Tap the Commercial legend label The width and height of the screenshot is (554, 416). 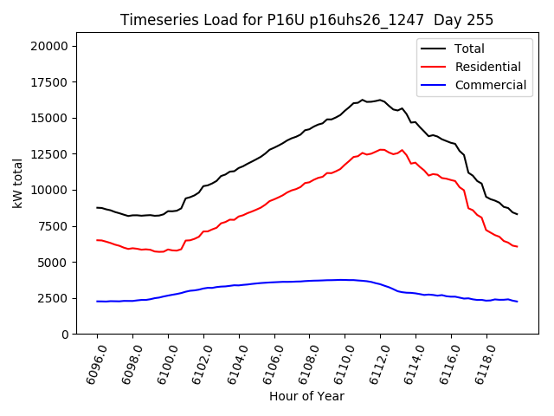[490, 85]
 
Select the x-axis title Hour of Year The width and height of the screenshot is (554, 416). [306, 396]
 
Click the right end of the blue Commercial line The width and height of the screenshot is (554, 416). [517, 302]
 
